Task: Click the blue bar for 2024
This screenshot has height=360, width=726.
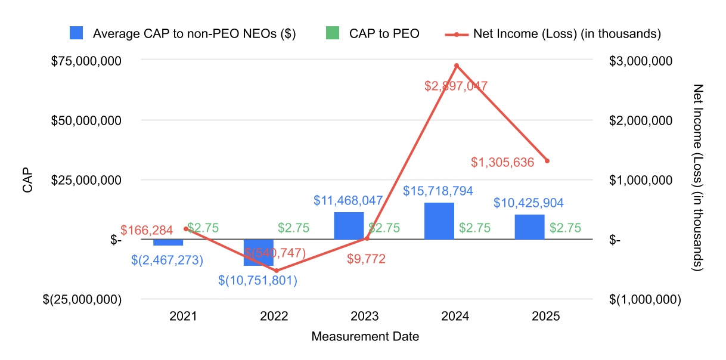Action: (439, 221)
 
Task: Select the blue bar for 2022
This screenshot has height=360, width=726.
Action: (258, 252)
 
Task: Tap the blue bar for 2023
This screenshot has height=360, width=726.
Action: (349, 226)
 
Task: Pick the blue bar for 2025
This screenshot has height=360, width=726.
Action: (530, 227)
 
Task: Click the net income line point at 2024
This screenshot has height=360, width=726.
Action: (457, 66)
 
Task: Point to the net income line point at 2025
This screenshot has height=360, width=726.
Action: (547, 161)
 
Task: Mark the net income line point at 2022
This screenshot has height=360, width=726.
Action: (276, 271)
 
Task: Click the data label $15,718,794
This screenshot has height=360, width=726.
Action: (438, 191)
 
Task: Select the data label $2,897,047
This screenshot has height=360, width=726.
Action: (456, 86)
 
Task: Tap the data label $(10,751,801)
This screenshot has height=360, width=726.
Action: (257, 280)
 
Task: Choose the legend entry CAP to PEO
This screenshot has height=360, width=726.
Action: (384, 34)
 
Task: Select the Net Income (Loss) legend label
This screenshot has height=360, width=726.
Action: (567, 34)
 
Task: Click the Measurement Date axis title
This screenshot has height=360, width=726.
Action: (365, 337)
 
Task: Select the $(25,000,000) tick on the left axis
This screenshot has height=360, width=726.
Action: (82, 299)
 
